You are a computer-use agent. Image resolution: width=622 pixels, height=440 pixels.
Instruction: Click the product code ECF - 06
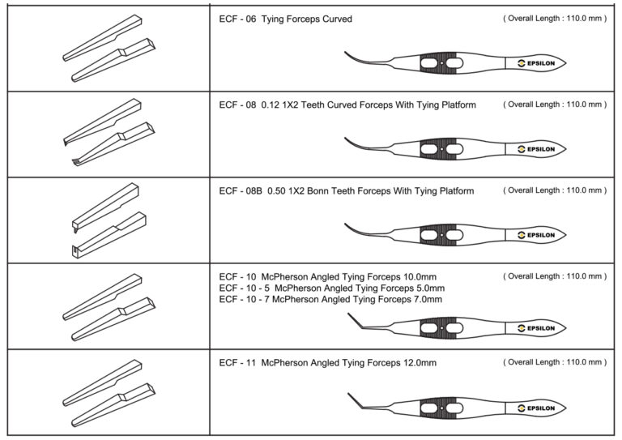236,19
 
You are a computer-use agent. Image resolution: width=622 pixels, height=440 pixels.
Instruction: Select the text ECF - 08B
240,191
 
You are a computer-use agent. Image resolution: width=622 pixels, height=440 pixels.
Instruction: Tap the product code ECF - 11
236,363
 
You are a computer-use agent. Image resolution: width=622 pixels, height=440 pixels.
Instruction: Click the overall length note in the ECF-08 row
554,105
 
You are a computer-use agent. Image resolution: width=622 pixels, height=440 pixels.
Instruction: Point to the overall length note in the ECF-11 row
554,361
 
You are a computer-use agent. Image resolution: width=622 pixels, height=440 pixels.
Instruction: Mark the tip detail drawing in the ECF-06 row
106,49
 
